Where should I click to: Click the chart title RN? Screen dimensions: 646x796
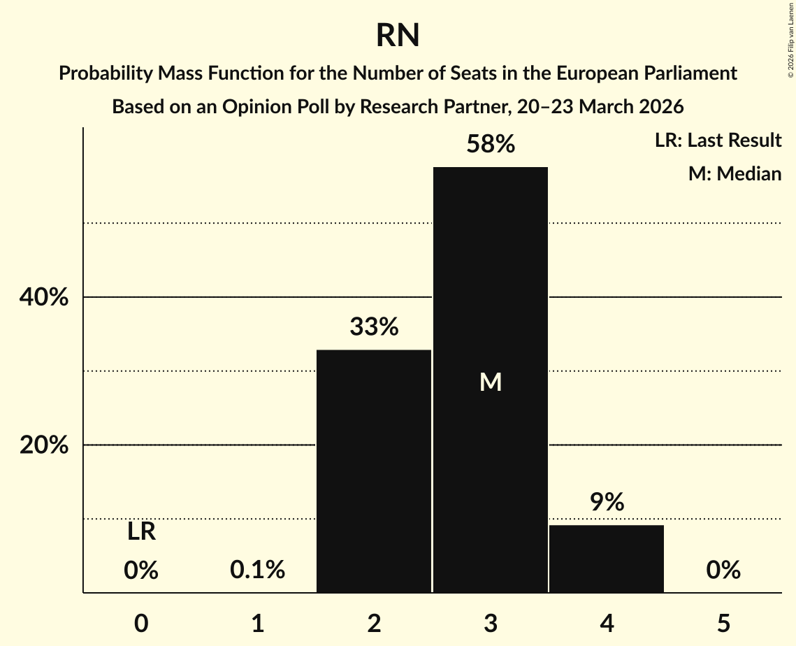(x=398, y=36)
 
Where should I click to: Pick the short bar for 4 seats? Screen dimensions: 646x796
(x=607, y=559)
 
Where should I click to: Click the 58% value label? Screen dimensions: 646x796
(x=491, y=145)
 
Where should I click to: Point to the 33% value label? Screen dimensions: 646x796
(x=374, y=326)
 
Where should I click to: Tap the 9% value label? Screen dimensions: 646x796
(x=607, y=502)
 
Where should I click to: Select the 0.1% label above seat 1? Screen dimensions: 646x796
(x=257, y=570)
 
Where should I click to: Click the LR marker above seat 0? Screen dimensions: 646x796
(x=141, y=532)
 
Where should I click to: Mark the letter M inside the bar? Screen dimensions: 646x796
(x=491, y=382)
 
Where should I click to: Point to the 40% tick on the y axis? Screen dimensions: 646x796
(x=44, y=297)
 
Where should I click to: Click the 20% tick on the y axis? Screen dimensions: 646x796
(x=44, y=445)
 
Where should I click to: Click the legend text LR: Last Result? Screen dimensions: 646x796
(x=718, y=141)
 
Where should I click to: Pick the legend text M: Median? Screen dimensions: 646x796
(x=734, y=173)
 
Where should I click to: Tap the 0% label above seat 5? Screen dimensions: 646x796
(x=723, y=570)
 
